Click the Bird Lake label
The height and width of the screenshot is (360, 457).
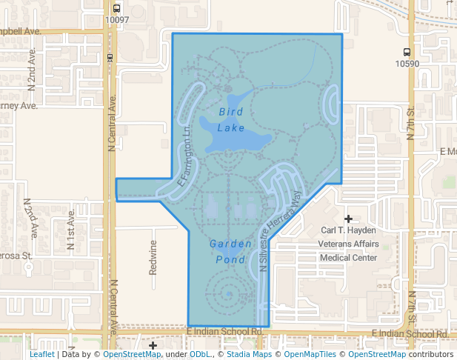tap(231, 119)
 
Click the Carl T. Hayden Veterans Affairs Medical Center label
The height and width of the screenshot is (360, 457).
tap(348, 244)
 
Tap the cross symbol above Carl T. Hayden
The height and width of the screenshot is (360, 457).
tap(348, 219)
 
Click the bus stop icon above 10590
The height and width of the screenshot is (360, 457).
tap(407, 52)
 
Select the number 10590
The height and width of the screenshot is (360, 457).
tap(407, 64)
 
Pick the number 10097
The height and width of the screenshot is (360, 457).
tap(117, 20)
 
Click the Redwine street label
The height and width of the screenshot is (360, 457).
tap(153, 257)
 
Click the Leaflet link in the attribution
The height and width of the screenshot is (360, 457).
tap(41, 355)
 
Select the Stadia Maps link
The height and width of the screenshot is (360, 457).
tap(252, 355)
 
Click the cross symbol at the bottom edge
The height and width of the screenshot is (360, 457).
tap(153, 346)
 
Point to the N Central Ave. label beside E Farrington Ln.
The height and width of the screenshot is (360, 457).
tap(113, 134)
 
